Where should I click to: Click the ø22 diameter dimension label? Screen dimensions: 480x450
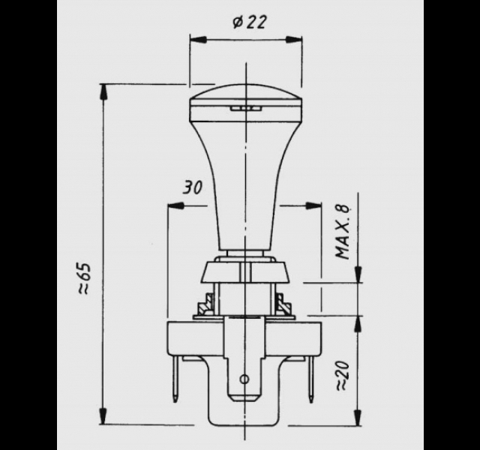(249, 22)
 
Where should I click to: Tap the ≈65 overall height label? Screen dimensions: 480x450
(83, 278)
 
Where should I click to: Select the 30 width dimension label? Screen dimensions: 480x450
(193, 187)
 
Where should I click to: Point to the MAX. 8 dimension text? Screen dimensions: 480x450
(343, 231)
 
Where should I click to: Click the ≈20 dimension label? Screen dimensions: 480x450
(343, 376)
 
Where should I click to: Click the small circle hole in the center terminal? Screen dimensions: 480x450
(244, 379)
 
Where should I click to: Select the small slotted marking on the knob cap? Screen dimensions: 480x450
(245, 108)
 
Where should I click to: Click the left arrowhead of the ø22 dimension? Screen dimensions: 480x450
(197, 40)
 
